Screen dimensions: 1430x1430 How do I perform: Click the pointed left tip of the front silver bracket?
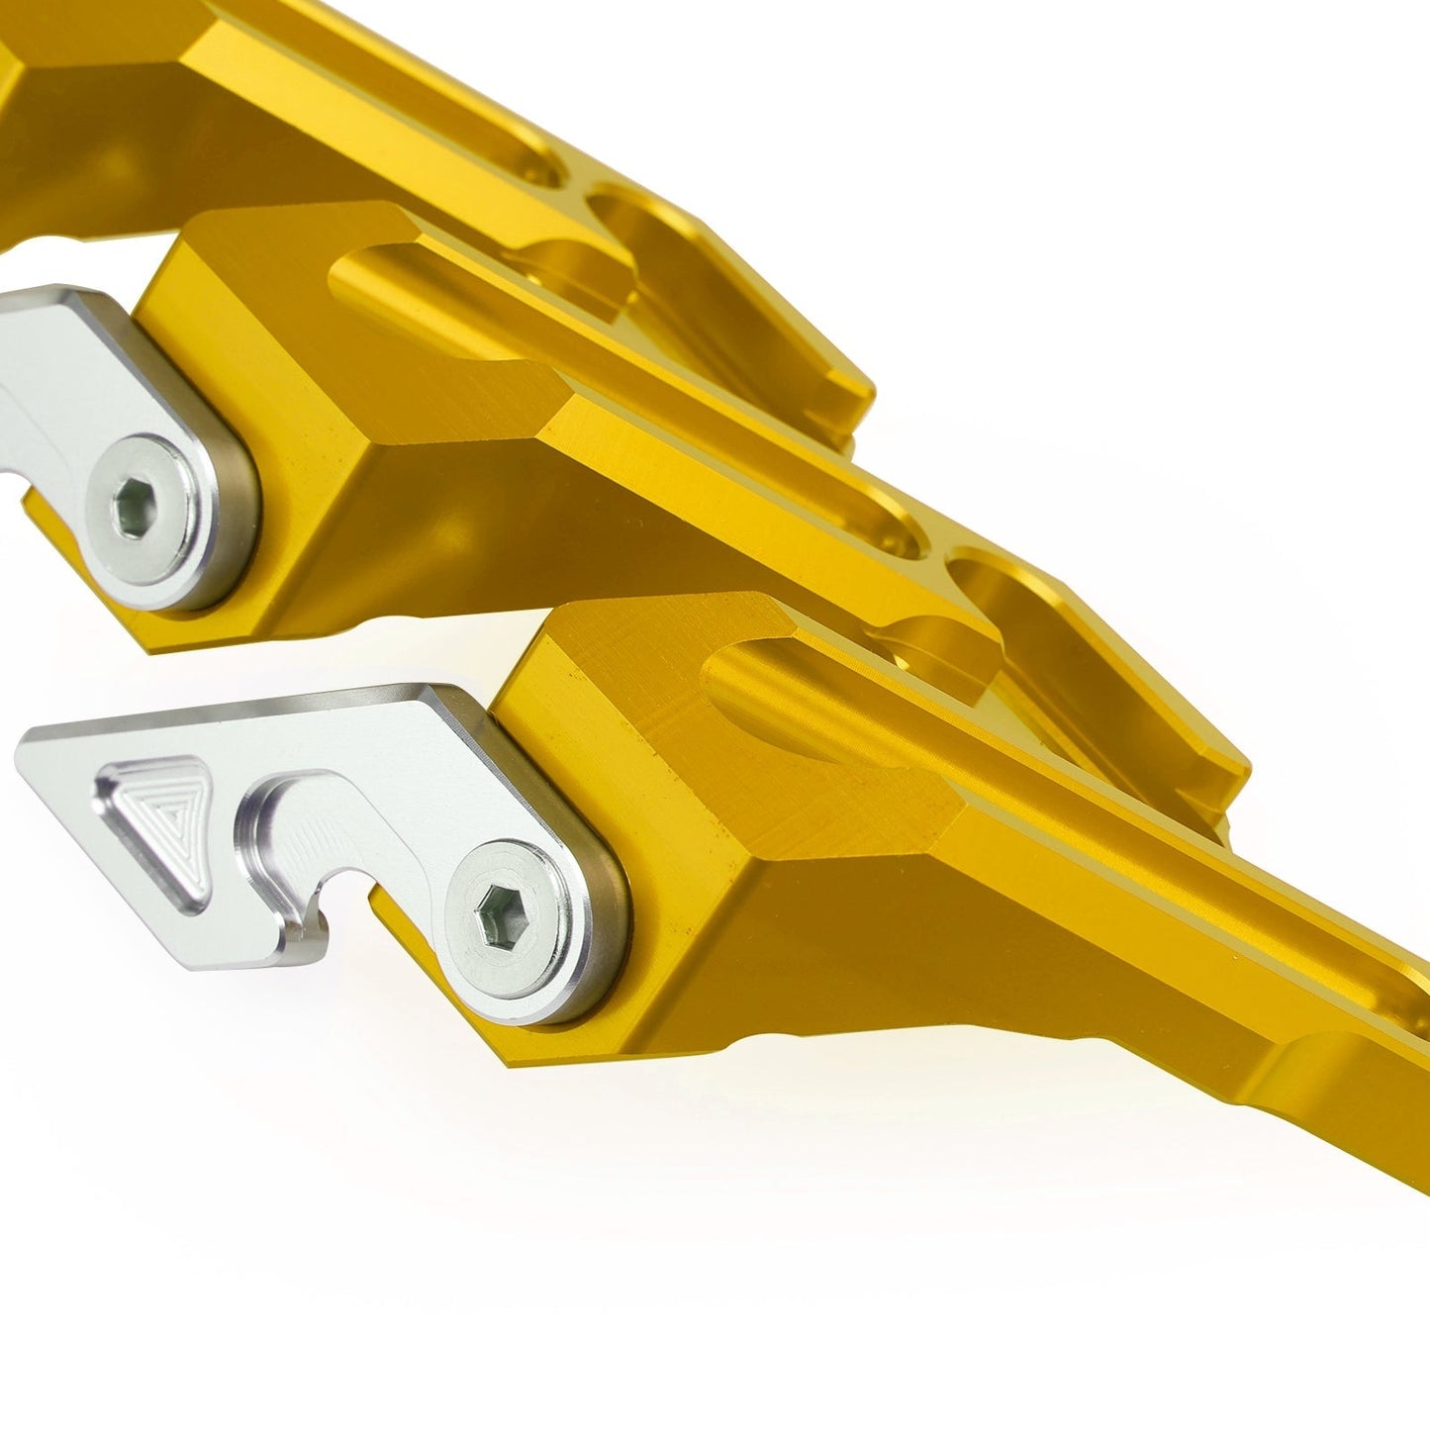[x=30, y=744]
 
